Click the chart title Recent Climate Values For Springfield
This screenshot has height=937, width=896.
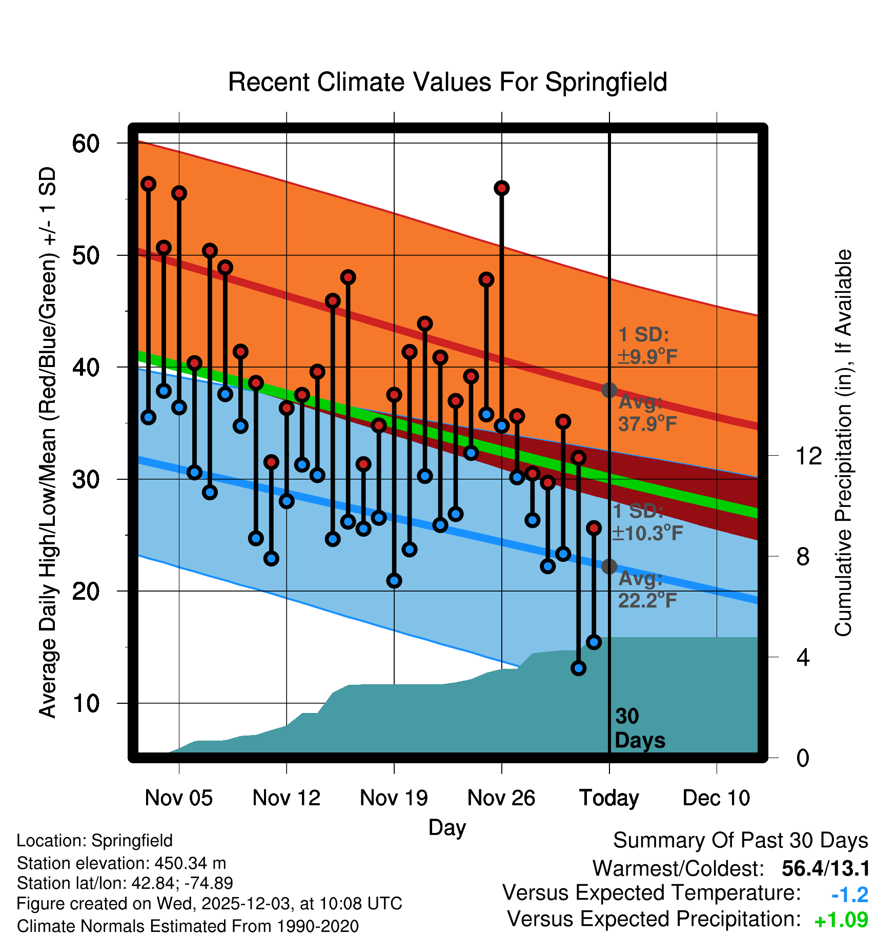click(447, 82)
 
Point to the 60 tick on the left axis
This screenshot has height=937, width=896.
click(86, 144)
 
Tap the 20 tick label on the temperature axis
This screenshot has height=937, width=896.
click(86, 592)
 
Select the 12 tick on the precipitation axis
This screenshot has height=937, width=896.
click(808, 456)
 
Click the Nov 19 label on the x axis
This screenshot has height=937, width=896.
click(394, 798)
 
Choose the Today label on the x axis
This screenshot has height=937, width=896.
click(609, 798)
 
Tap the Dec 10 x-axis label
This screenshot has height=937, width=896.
click(716, 798)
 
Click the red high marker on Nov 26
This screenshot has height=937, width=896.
click(501, 188)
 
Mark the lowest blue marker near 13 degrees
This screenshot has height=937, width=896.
click(579, 668)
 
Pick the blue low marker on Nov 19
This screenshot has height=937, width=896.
click(394, 581)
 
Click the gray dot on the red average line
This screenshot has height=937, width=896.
click(609, 390)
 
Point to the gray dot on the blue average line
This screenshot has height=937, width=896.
click(609, 566)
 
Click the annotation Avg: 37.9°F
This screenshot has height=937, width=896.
click(647, 413)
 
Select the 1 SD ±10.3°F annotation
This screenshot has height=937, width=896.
click(647, 522)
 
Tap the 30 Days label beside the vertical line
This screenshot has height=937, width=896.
click(639, 728)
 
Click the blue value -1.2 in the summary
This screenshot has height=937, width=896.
click(849, 895)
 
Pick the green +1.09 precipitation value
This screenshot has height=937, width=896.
click(841, 920)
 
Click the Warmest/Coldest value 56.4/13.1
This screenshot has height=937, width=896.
click(825, 869)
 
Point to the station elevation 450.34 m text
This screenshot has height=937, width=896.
click(121, 863)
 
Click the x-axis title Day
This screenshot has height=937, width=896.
click(447, 827)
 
